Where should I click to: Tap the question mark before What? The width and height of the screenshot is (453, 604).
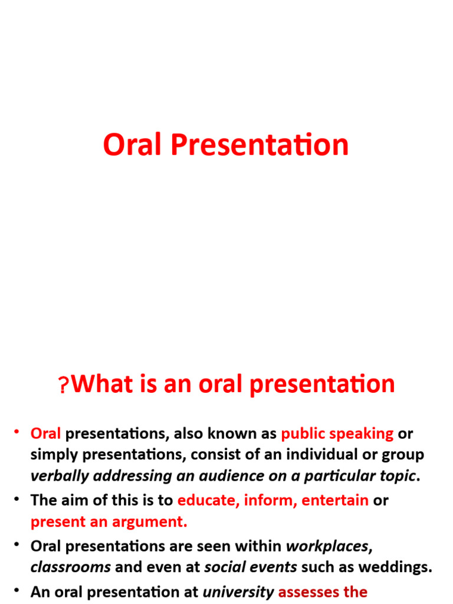[x=64, y=385]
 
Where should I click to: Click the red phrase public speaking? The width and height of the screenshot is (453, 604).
[x=337, y=434]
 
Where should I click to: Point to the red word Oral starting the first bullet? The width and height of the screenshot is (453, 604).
[x=46, y=434]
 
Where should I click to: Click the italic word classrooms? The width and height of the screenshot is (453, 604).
[x=71, y=567]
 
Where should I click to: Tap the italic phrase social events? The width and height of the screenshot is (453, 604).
[x=251, y=567]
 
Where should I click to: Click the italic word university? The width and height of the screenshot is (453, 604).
[x=239, y=592]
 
